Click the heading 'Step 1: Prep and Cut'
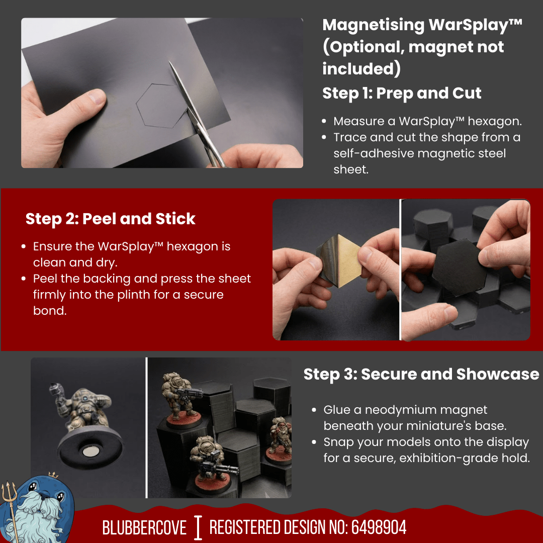(x=402, y=94)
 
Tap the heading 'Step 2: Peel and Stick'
(x=110, y=219)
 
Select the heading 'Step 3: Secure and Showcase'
(x=421, y=375)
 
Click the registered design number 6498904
(x=379, y=527)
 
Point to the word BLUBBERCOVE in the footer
(x=144, y=527)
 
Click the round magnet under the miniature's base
(x=91, y=452)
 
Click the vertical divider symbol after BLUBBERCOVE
(x=198, y=527)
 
